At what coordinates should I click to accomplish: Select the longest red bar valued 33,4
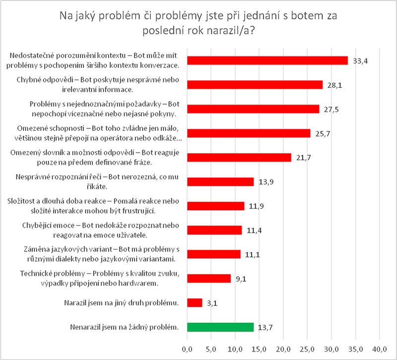[x=267, y=60]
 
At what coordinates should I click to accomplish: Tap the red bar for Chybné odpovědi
[x=255, y=85]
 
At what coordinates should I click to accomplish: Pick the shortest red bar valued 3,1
[x=195, y=302]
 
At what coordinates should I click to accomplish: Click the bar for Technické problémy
[x=209, y=278]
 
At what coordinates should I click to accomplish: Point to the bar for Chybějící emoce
[x=214, y=230]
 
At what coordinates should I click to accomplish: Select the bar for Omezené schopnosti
[x=249, y=133]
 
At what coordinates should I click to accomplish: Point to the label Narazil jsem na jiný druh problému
[x=122, y=302]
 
